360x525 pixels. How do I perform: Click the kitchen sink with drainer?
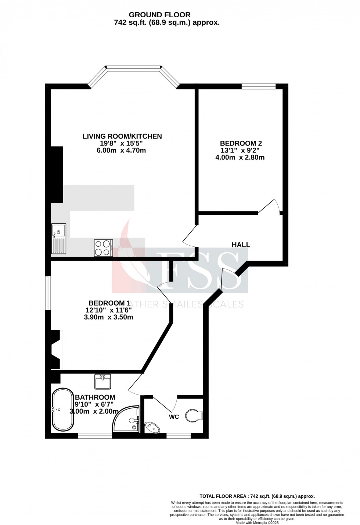click(x=59, y=239)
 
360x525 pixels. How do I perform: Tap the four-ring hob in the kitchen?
click(x=103, y=247)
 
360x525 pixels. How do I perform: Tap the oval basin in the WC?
click(x=152, y=427)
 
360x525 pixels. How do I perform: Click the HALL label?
click(x=241, y=245)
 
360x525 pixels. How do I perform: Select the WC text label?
click(x=174, y=417)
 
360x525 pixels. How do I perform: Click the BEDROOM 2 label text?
click(x=241, y=143)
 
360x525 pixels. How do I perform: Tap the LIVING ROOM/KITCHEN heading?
click(x=122, y=136)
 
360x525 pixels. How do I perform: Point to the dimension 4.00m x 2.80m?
click(x=240, y=157)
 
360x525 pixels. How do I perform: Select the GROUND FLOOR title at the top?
click(x=159, y=15)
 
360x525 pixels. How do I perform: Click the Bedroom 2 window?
click(x=258, y=86)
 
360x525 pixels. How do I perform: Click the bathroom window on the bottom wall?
click(x=95, y=436)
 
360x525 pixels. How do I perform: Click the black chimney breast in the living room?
click(x=57, y=175)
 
